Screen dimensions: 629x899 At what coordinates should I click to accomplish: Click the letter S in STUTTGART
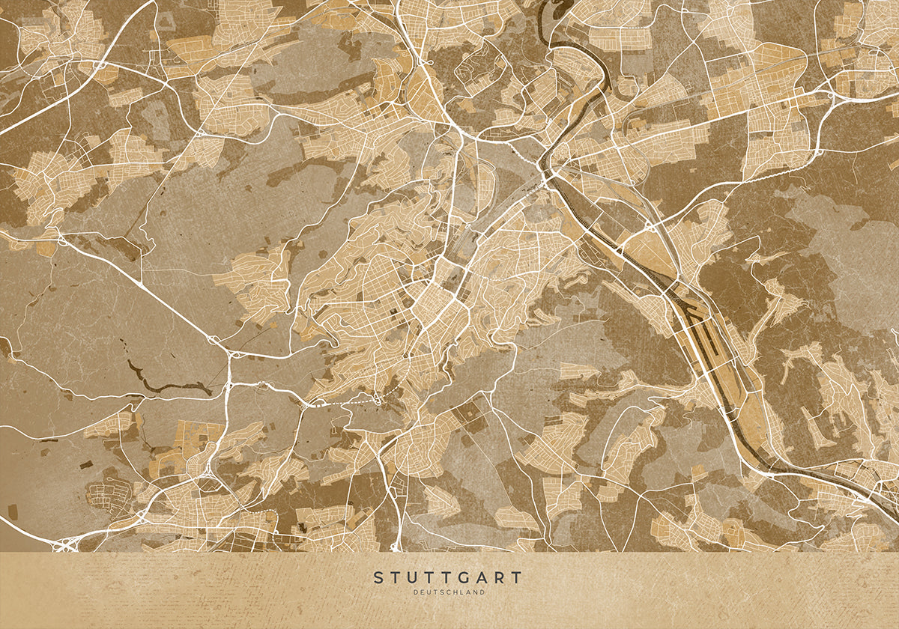pos(378,578)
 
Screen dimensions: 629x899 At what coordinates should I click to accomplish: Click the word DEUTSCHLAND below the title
pos(449,592)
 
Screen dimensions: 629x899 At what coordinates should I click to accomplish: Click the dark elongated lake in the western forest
pos(165,386)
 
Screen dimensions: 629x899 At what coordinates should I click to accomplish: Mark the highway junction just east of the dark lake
pos(228,385)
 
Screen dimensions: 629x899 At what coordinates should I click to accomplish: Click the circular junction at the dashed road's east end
pos(378,400)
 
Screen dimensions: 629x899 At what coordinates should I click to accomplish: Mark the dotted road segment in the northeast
pos(779,172)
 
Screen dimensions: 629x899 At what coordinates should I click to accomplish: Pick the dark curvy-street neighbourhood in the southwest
pos(105,498)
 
